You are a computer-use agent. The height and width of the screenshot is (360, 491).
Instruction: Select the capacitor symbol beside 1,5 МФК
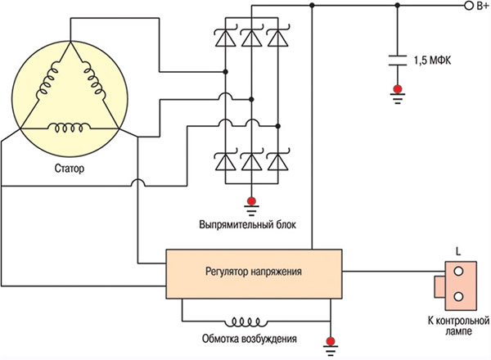[397, 60]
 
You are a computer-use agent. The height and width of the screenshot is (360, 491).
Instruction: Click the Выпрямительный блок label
[250, 223]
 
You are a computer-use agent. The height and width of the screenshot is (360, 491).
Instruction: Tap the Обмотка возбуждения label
[250, 339]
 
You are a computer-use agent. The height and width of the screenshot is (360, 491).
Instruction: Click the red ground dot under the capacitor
[397, 88]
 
